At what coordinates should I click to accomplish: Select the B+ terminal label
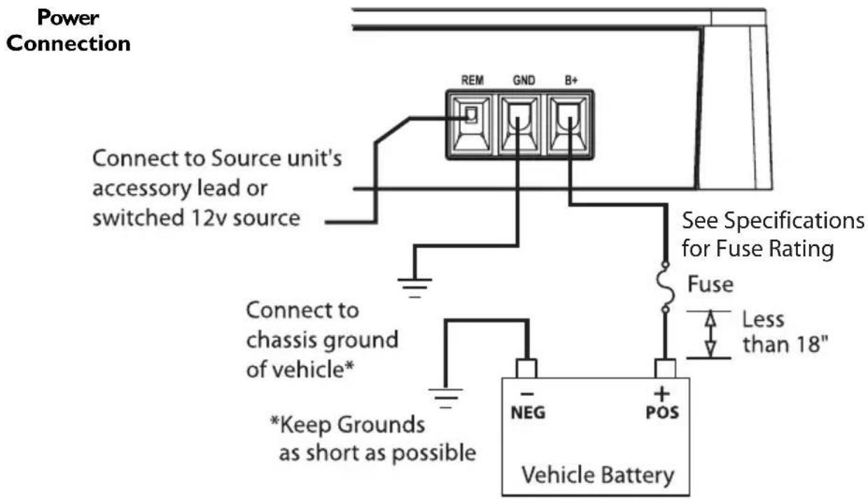click(568, 81)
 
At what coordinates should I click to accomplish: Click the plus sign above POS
click(662, 395)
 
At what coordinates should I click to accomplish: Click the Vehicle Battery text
click(597, 475)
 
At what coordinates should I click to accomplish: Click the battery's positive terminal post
click(663, 368)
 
